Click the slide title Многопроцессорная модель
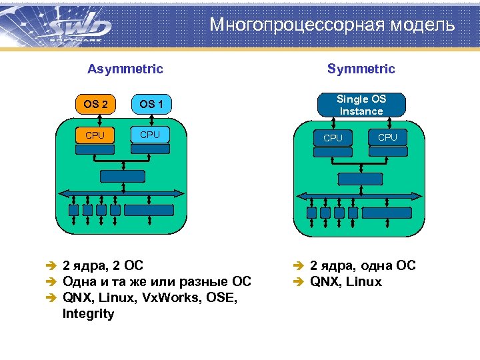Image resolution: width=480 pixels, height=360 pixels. (x=332, y=25)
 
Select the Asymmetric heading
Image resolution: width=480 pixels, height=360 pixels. (x=125, y=69)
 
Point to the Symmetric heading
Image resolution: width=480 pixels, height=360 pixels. (x=361, y=69)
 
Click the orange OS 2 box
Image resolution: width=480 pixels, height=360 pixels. (x=95, y=104)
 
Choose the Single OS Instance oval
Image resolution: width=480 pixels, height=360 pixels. (x=361, y=105)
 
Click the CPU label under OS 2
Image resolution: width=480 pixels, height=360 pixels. (x=95, y=135)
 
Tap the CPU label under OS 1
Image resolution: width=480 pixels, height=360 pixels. (x=150, y=135)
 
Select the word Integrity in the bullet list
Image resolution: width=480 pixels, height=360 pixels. (x=88, y=313)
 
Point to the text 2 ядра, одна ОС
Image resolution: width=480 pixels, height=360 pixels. (x=363, y=265)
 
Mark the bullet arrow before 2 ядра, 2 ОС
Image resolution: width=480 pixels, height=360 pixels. (x=51, y=266)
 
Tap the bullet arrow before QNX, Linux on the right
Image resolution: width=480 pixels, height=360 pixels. (x=299, y=282)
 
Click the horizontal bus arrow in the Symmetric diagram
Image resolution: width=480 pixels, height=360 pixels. (x=361, y=196)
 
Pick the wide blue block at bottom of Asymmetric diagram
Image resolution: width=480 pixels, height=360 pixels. (x=149, y=210)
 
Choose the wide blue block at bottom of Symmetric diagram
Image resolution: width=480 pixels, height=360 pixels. (x=387, y=213)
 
